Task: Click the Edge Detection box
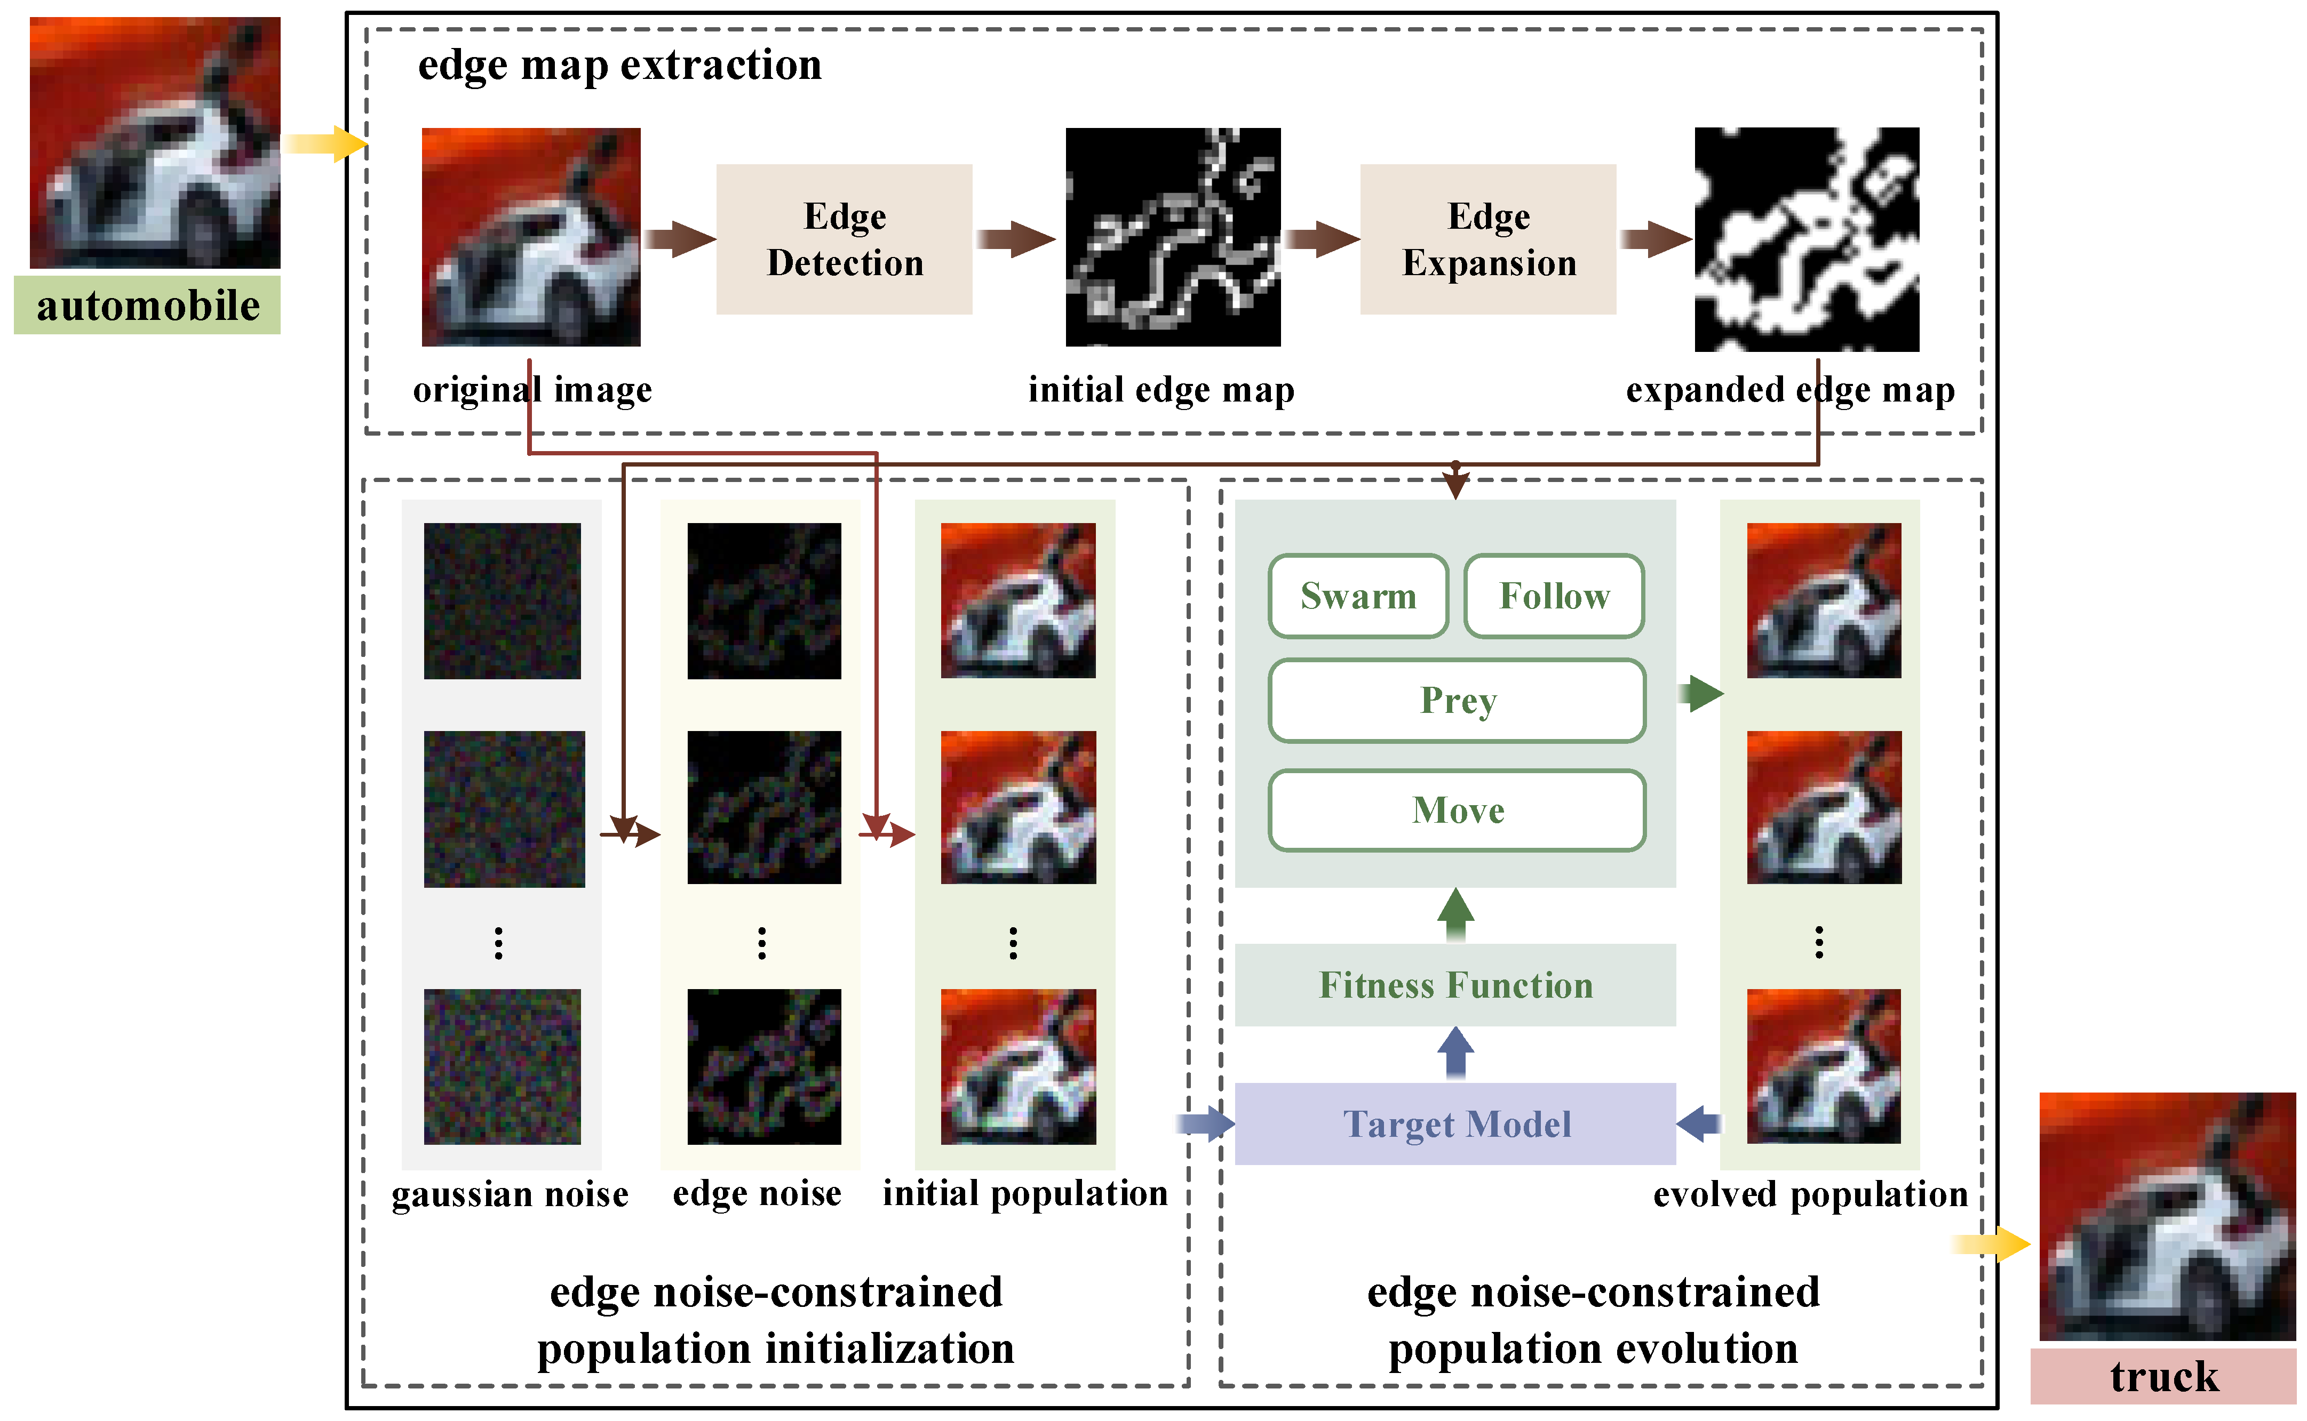[x=844, y=239]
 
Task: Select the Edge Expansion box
[x=1487, y=239]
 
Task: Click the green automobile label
[x=148, y=306]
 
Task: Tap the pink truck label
[x=2162, y=1377]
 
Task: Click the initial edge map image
[x=1172, y=237]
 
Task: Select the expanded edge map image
[x=1806, y=239]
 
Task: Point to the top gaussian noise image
[x=502, y=600]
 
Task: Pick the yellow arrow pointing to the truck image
[x=1991, y=1245]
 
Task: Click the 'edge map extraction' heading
[x=619, y=65]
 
